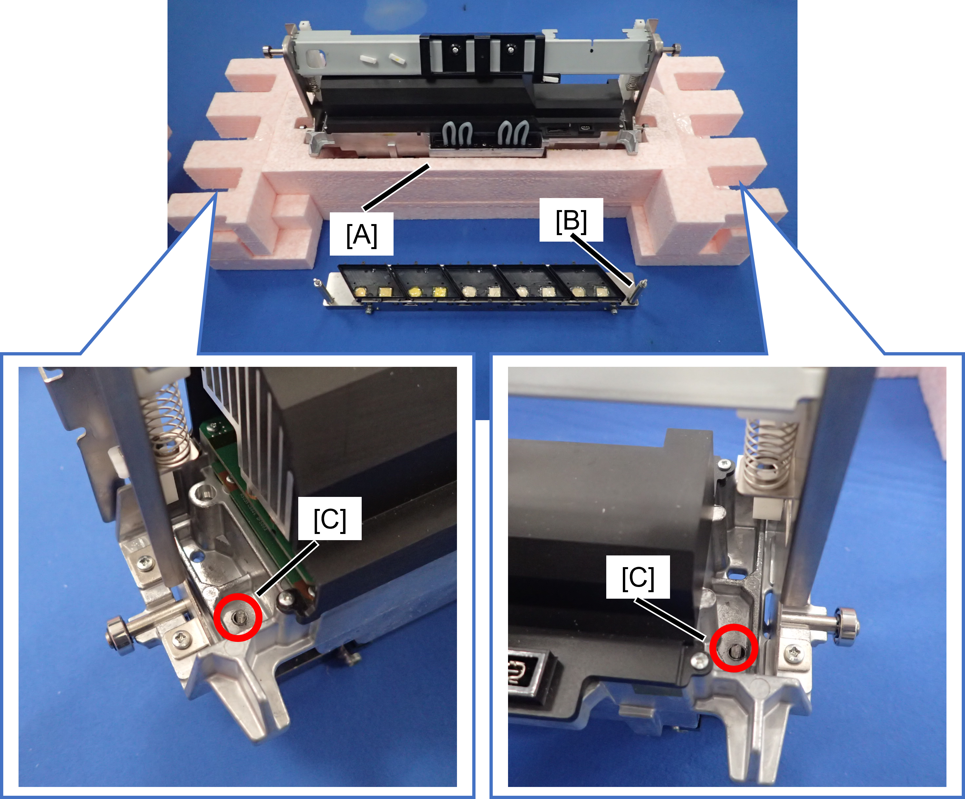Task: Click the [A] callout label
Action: [362, 234]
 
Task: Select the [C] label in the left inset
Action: [330, 519]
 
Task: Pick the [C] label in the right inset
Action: [638, 577]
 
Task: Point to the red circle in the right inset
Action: [733, 648]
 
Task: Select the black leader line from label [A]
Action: [396, 187]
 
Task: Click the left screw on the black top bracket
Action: [455, 49]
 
